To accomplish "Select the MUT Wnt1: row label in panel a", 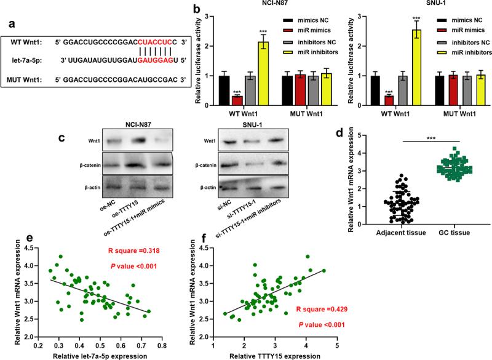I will (27, 80).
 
